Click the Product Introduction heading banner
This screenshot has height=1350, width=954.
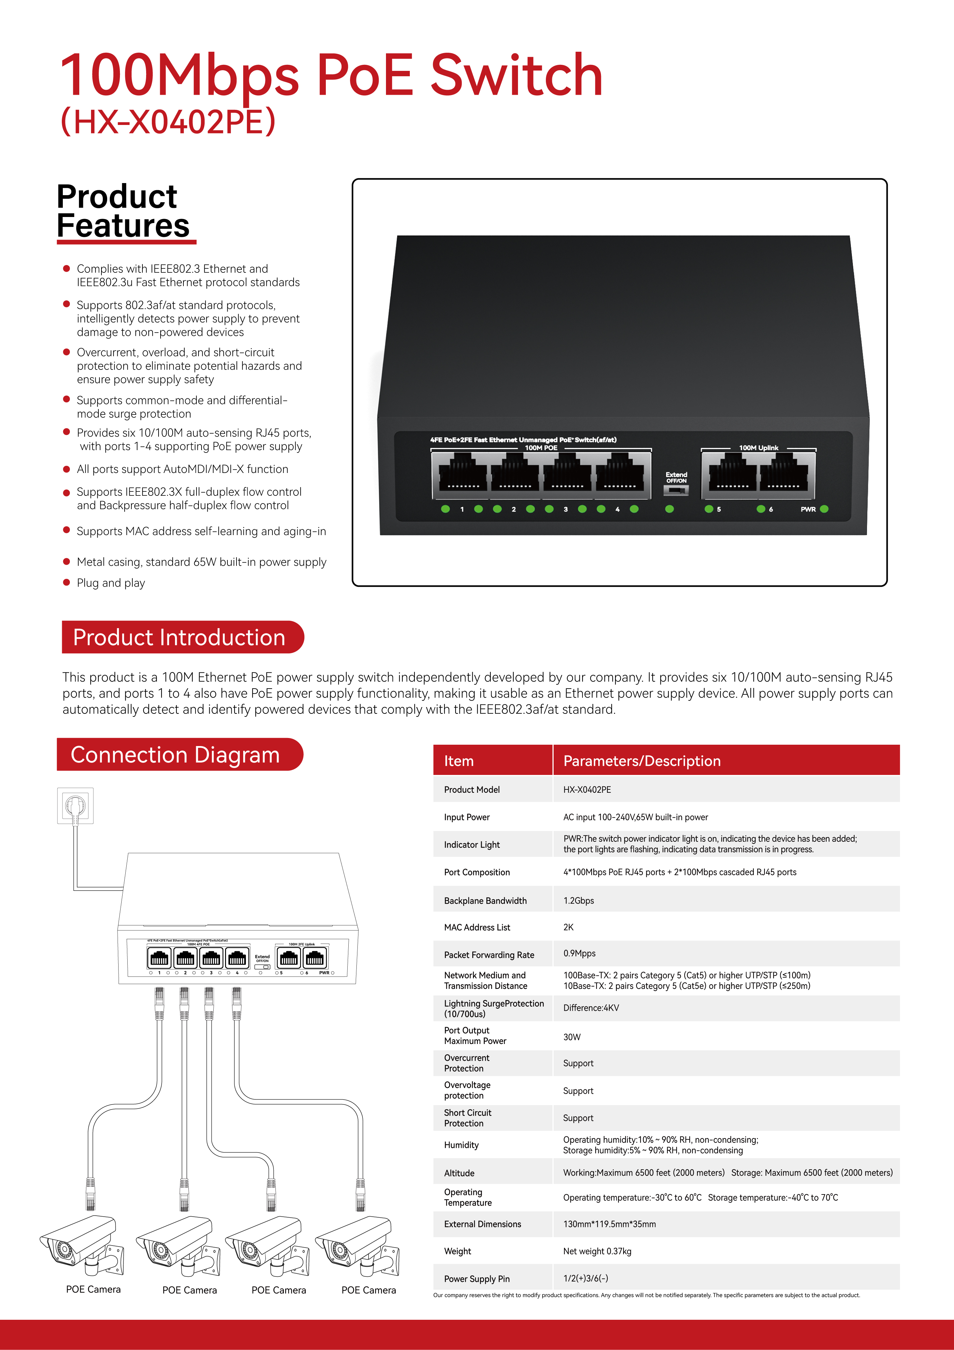[x=179, y=637]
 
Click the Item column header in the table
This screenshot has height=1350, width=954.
[x=459, y=761]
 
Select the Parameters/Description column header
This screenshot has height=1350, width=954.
[x=642, y=761]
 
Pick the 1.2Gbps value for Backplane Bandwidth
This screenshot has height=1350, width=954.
[x=579, y=900]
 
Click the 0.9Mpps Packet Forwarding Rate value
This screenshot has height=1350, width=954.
[x=579, y=953]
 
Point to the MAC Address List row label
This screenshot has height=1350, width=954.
[x=477, y=927]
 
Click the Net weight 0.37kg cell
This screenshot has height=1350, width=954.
[x=597, y=1251]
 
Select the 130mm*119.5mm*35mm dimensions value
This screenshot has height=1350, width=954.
[x=609, y=1224]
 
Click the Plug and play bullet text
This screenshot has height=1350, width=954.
[x=111, y=583]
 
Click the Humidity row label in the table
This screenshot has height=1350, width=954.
[x=461, y=1145]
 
